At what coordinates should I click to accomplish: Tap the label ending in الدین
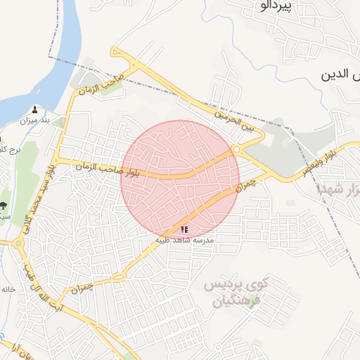340,74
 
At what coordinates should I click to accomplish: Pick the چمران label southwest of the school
82,288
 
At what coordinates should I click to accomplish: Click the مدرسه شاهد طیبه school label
185,240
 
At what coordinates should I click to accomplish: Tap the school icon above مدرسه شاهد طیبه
184,229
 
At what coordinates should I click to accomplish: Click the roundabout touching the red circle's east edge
237,149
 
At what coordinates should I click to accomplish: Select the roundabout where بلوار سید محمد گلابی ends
18,243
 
